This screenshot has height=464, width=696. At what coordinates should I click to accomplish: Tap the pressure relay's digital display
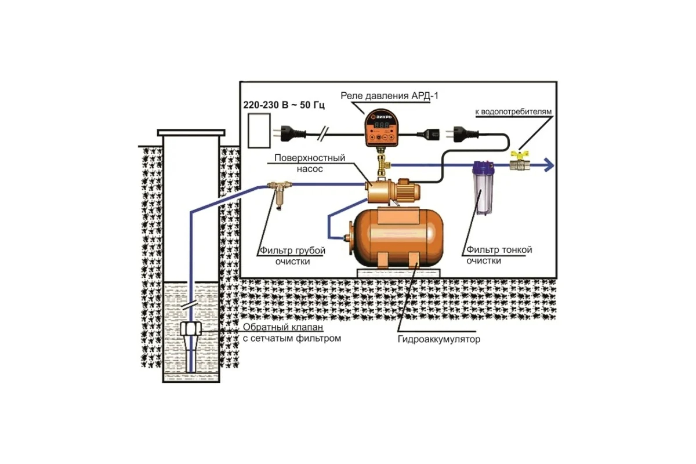[380, 125]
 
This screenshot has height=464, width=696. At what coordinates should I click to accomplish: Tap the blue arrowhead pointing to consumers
[549, 166]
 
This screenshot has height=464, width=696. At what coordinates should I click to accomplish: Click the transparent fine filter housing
[481, 188]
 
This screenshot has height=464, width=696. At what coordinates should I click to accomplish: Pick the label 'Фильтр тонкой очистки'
[499, 255]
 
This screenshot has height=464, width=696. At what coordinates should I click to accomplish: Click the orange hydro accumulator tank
[397, 238]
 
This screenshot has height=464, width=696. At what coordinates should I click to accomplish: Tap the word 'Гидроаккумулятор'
[439, 339]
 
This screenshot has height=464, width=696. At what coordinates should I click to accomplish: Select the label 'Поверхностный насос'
[310, 164]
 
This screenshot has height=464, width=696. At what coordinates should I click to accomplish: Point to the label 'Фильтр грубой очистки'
[292, 256]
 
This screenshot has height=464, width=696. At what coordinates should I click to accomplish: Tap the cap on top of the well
[191, 133]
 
